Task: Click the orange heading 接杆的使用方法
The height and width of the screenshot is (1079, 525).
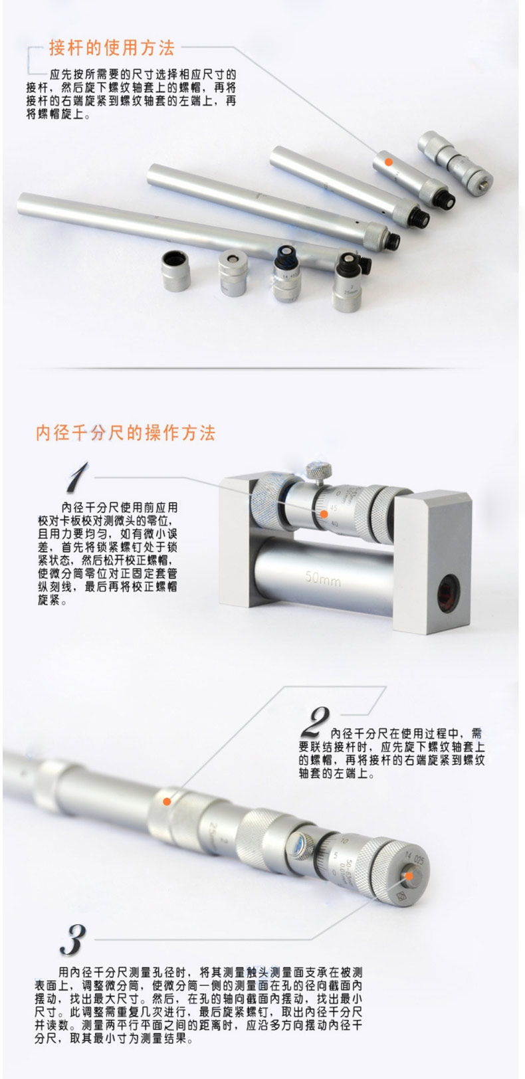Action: coord(112,48)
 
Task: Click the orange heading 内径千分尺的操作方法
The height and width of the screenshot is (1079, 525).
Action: coord(125,433)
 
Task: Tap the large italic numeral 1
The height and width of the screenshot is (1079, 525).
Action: coord(76,477)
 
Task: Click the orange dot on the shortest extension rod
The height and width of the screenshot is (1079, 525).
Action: coord(388,162)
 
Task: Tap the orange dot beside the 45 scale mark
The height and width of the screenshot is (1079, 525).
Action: coord(324,514)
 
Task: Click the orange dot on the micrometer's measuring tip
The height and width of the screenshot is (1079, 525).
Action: coord(409,876)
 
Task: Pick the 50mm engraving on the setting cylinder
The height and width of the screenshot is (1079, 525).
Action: coord(323,577)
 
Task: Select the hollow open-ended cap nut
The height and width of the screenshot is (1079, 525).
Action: coord(176,270)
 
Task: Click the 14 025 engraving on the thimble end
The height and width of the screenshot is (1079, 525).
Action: coord(414,858)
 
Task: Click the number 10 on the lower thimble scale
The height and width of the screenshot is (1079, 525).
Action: coord(344,840)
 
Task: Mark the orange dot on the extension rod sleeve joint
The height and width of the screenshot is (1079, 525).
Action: coord(167,801)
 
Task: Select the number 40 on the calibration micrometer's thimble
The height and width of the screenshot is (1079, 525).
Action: coord(335,524)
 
